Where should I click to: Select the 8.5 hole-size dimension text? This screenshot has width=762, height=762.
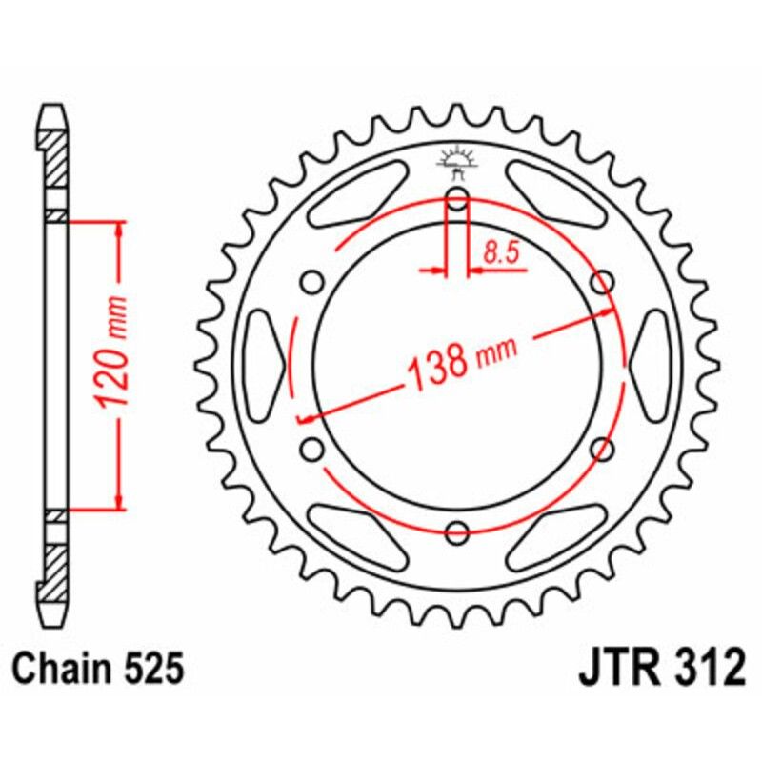pyautogui.click(x=500, y=253)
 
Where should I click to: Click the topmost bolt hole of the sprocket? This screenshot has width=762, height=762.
pyautogui.click(x=457, y=199)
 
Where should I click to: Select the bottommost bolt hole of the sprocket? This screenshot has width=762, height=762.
pyautogui.click(x=457, y=531)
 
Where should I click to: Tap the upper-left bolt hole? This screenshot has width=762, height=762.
pyautogui.click(x=311, y=282)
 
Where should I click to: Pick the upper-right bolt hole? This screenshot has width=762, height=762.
pyautogui.click(x=602, y=282)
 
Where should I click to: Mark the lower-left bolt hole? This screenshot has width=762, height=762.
pyautogui.click(x=311, y=448)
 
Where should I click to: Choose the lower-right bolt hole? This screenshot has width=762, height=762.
pyautogui.click(x=602, y=448)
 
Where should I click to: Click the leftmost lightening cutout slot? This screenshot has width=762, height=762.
pyautogui.click(x=264, y=365)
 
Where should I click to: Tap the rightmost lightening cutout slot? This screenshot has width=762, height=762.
pyautogui.click(x=651, y=365)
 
